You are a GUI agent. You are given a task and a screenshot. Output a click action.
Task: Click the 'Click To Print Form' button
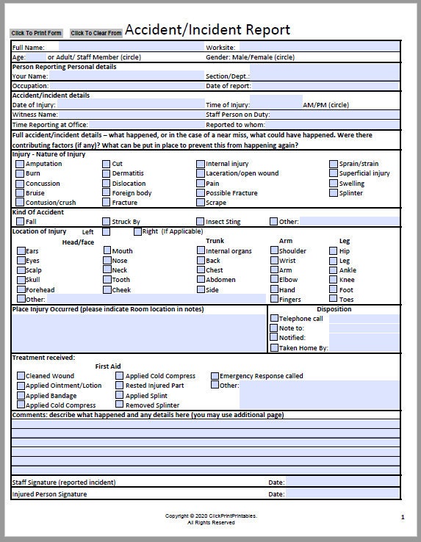pos(37,33)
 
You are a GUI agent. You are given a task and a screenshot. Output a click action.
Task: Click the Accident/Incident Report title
pos(207,29)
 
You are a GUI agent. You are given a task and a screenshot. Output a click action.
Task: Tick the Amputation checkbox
pos(20,164)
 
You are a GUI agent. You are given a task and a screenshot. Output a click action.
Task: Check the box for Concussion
pos(20,184)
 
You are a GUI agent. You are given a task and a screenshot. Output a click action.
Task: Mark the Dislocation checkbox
pos(107,184)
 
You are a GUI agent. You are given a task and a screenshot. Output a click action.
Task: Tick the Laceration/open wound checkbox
pos(201,174)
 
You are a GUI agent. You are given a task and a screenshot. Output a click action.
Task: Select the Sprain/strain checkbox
pos(334,164)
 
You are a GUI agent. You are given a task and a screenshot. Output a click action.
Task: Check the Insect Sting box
pos(201,221)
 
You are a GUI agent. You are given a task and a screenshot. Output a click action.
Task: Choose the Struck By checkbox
pos(107,221)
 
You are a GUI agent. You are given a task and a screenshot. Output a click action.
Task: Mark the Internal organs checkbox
pos(201,250)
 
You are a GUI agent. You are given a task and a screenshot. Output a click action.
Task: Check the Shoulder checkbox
pos(274,250)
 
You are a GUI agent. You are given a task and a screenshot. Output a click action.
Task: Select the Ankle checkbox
pos(334,270)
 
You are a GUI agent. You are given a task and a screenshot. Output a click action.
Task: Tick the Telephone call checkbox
pos(275,319)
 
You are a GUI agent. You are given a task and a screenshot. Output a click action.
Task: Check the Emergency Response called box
pos(215,375)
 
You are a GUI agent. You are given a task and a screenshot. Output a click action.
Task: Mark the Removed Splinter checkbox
pos(120,405)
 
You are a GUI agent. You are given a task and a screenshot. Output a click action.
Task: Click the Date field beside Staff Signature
pos(342,483)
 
